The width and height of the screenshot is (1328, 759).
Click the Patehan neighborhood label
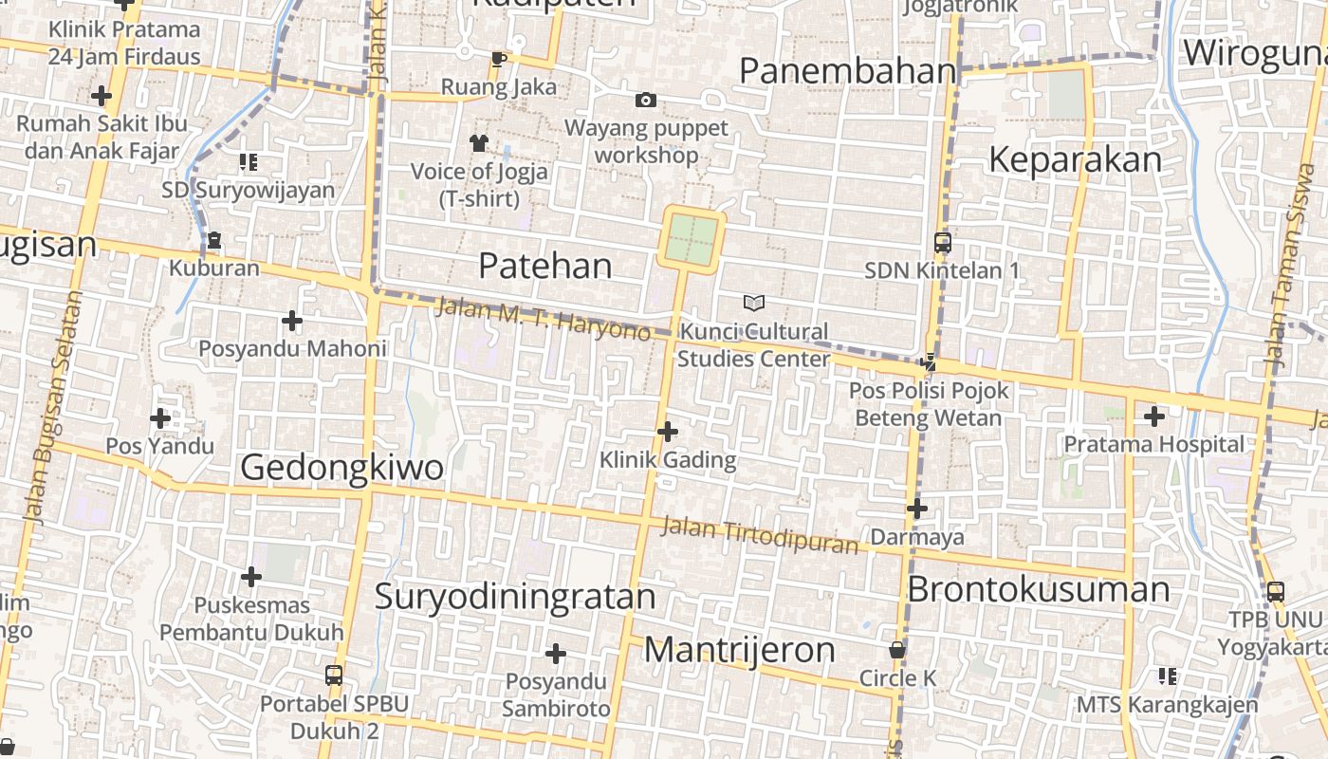[544, 266]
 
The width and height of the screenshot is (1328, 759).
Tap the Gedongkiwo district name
[341, 467]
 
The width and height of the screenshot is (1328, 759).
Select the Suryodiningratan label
[515, 597]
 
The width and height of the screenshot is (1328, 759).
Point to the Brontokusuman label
[1039, 589]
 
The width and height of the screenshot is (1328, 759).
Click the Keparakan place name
[1075, 160]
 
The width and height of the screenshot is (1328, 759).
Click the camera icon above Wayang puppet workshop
[645, 100]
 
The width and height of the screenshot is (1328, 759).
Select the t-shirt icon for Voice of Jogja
[478, 143]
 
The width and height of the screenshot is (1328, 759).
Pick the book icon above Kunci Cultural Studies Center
[754, 303]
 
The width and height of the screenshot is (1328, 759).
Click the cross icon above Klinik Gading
[668, 432]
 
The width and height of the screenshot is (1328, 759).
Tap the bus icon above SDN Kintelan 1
[942, 243]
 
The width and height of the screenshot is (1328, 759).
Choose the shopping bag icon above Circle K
[897, 651]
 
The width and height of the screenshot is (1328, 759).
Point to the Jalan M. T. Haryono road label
[543, 320]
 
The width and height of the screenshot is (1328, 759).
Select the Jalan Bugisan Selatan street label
[55, 408]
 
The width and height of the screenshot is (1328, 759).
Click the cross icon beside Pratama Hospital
[1153, 416]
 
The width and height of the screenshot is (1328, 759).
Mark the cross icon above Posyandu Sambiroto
[556, 654]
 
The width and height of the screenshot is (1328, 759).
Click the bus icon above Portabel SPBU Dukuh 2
[334, 675]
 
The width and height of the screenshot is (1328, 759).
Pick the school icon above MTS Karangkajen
[1167, 676]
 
